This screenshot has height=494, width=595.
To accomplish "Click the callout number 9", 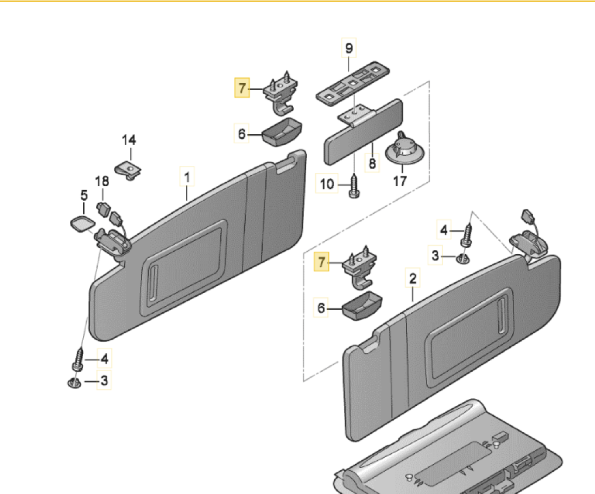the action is pyautogui.click(x=349, y=48).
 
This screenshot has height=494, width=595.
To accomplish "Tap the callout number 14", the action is pyautogui.click(x=129, y=140).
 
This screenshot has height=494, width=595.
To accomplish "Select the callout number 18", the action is pyautogui.click(x=102, y=181).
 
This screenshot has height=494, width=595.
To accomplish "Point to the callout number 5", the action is pyautogui.click(x=84, y=195).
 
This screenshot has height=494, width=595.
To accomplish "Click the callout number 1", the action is pyautogui.click(x=187, y=177).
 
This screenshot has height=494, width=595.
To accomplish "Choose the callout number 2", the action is pyautogui.click(x=413, y=278).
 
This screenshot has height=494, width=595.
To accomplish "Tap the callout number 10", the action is pyautogui.click(x=327, y=184).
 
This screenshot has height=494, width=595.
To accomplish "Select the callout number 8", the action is pyautogui.click(x=372, y=164).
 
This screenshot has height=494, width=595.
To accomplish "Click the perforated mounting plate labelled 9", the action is pyautogui.click(x=353, y=83).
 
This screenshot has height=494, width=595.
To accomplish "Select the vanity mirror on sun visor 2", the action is pyautogui.click(x=469, y=337).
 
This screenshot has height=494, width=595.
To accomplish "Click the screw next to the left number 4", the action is pyautogui.click(x=78, y=360).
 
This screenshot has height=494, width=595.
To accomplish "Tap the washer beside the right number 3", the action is pyautogui.click(x=463, y=259).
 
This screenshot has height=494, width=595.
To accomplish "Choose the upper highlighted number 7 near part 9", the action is pyautogui.click(x=242, y=88).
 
